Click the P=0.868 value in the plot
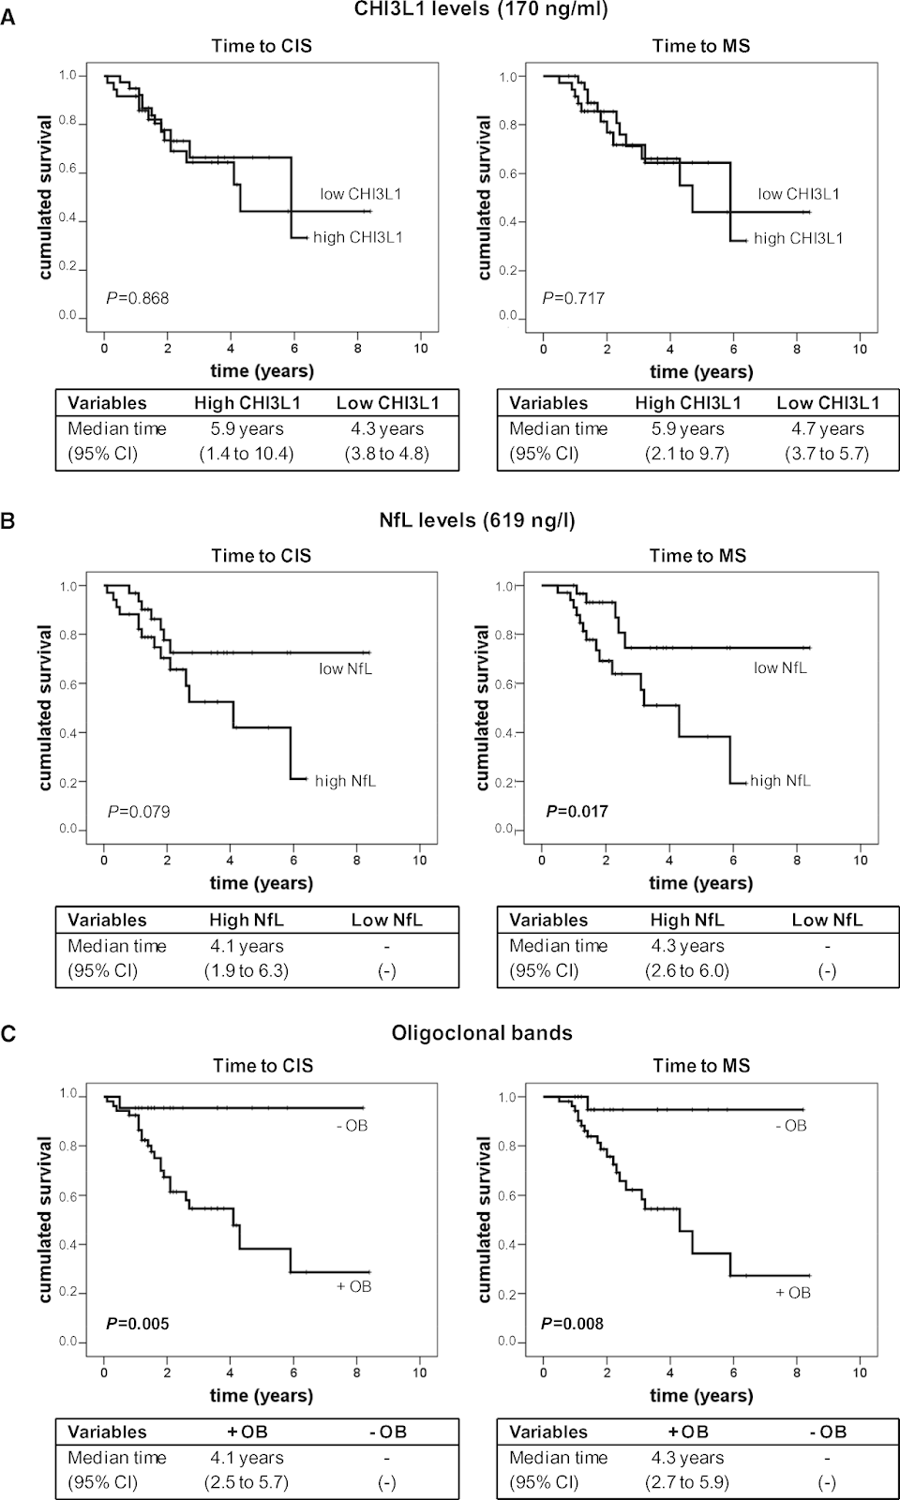coord(138,299)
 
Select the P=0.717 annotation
coord(574,298)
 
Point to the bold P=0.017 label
coord(577,811)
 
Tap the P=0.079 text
coord(139,811)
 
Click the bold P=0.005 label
coord(138,1324)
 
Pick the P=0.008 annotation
coord(573,1324)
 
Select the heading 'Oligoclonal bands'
coord(482,1033)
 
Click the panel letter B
coord(7,521)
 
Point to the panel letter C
coord(7,1034)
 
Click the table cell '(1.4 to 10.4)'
coord(247,454)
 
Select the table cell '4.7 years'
coord(828,429)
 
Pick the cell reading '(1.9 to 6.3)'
coord(247,971)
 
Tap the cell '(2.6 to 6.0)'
coord(687,971)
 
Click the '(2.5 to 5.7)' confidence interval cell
coord(247,1483)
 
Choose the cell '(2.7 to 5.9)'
coord(687,1483)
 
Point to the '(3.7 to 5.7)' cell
coord(828,454)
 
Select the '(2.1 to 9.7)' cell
coord(687,454)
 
